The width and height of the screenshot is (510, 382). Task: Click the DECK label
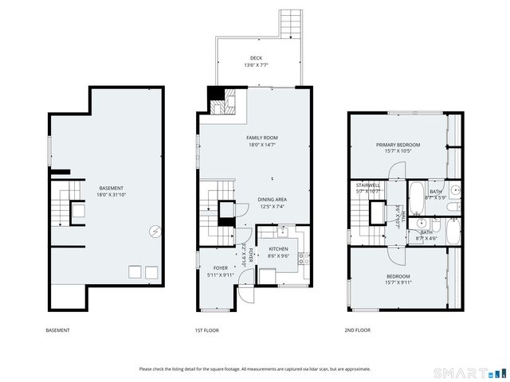[x=256, y=58]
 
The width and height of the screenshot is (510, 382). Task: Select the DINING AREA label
[x=272, y=200]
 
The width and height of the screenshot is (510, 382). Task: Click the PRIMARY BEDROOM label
[x=398, y=145]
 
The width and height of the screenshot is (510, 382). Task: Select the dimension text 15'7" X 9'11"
[x=398, y=282]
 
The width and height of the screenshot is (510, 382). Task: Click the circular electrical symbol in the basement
[x=155, y=232]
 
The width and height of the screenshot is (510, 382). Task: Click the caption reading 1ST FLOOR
[x=206, y=330]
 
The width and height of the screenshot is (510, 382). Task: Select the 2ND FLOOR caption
[x=357, y=330]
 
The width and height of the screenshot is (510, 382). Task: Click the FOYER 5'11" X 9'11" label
[x=220, y=271]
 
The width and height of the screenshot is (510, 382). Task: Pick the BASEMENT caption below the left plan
[x=57, y=330]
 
